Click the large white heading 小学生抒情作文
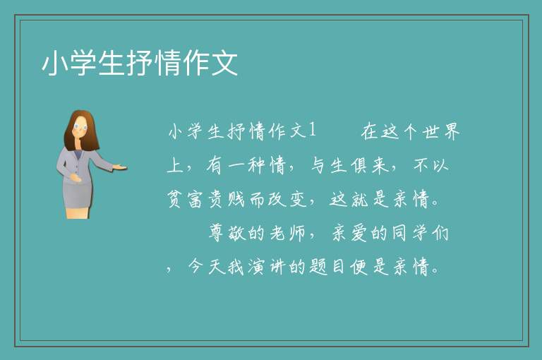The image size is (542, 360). click(x=140, y=63)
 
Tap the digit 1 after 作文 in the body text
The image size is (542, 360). click(x=312, y=131)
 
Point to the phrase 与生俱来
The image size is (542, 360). click(x=350, y=165)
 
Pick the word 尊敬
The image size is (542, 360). click(x=227, y=233)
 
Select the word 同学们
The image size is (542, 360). click(x=421, y=233)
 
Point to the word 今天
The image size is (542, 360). click(x=207, y=267)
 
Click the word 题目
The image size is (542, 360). click(x=327, y=267)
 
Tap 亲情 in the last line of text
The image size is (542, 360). click(x=411, y=267)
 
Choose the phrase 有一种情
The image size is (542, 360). click(x=246, y=165)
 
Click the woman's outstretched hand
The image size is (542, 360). click(x=119, y=168)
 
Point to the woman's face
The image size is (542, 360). click(x=80, y=127)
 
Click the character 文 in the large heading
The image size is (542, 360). click(x=224, y=63)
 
